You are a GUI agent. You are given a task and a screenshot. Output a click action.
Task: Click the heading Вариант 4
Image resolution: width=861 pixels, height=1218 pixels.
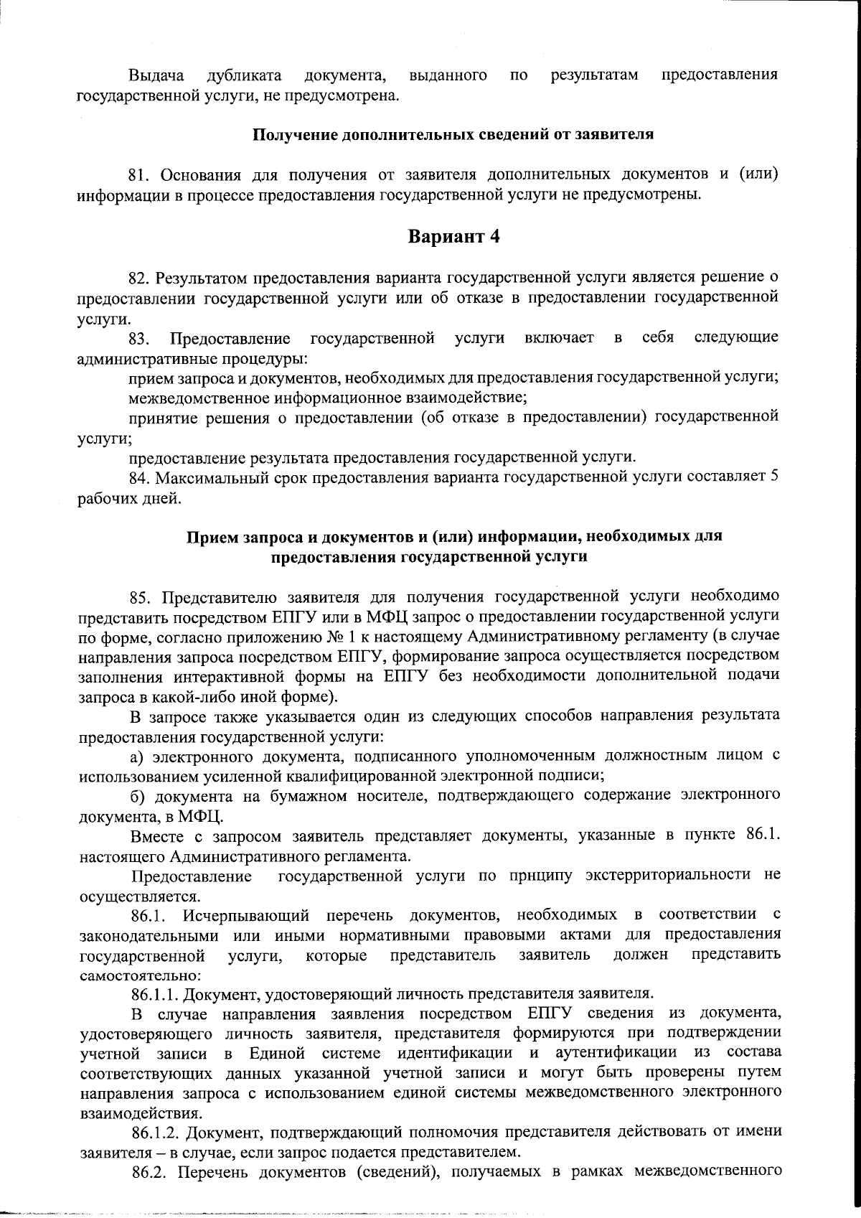point(453,238)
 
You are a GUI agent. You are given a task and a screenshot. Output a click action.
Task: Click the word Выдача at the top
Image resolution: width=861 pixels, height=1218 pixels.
point(156,76)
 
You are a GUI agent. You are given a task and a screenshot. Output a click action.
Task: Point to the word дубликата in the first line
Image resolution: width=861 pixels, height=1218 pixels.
point(243,76)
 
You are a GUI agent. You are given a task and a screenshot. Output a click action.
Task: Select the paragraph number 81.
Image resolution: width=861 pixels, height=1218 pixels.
point(140,175)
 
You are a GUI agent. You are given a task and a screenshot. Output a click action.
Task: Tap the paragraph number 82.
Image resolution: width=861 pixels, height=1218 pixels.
point(140,276)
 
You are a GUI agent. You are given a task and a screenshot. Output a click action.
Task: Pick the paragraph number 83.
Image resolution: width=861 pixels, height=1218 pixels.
point(140,338)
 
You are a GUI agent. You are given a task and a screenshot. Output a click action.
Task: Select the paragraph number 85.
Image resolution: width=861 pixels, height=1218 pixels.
point(141,596)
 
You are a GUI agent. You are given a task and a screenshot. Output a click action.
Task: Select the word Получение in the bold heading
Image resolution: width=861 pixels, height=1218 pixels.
point(296,135)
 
